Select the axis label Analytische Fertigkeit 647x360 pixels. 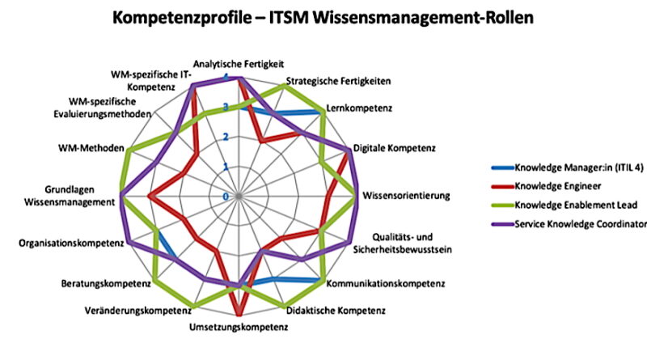(239, 63)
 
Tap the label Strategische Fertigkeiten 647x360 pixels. (340, 82)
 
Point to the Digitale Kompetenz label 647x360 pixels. (395, 149)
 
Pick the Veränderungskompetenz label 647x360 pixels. (137, 310)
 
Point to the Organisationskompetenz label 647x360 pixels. (70, 242)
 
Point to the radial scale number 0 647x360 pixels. (226, 197)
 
